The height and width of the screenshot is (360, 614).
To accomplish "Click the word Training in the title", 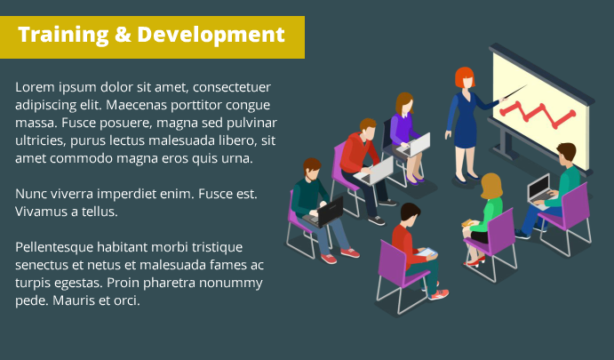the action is [x=63, y=35].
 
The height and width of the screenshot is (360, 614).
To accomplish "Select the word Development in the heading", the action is [x=211, y=36].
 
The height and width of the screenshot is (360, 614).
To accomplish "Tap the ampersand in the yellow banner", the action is [x=123, y=35].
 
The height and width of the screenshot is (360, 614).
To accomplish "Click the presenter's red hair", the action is [x=465, y=76].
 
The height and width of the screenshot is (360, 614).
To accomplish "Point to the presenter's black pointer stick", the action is [x=515, y=92].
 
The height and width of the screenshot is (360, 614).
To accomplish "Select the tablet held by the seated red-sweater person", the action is [x=426, y=252].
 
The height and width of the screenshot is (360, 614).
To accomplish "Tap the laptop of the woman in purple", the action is [x=414, y=145].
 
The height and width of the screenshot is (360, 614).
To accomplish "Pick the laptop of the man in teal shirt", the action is [x=539, y=190].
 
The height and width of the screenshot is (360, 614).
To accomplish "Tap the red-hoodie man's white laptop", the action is [x=375, y=172].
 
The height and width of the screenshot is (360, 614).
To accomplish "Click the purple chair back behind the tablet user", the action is [x=393, y=262].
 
